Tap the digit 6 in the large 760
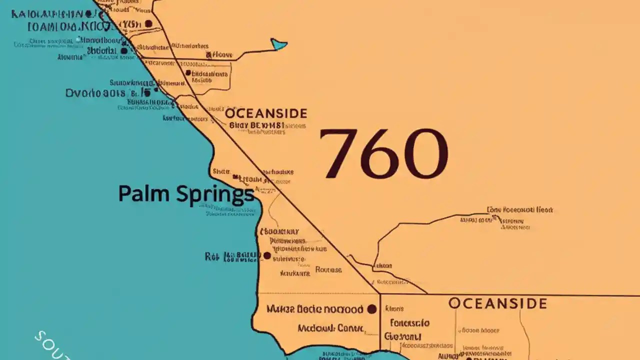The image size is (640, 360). pos(382,154)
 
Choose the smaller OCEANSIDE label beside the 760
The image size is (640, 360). pos(265,113)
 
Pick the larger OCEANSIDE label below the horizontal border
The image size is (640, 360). pos(497,303)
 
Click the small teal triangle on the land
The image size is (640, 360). pos(278,44)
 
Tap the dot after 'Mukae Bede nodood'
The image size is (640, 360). pos(371,309)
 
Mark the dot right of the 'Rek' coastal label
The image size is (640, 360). pos(267,255)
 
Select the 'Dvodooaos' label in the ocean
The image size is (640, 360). pos(95,93)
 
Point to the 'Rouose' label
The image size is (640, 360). pos(329,270)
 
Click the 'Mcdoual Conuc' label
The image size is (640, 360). pos(330,328)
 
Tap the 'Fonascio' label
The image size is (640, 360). pos(409,322)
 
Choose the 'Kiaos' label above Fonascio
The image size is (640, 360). pos(395,309)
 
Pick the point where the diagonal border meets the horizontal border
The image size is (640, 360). pos(378,293)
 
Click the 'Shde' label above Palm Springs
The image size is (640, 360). pos(221,171)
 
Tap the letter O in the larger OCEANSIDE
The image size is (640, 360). pos(454,303)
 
